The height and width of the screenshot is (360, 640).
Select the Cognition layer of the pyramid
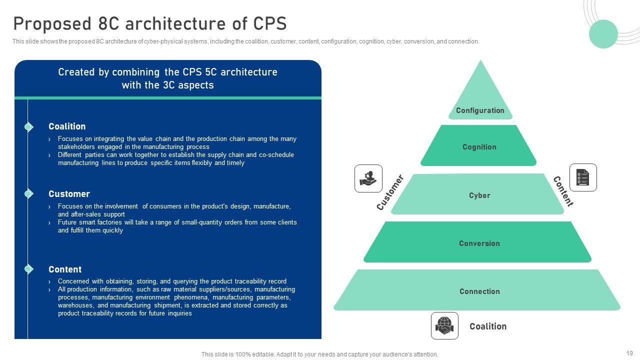point(479,146)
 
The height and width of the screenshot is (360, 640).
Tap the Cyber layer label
point(479,195)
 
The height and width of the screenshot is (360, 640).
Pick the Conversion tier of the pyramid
point(479,243)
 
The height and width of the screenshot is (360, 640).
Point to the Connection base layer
point(479,291)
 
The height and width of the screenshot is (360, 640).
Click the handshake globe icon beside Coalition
point(444,325)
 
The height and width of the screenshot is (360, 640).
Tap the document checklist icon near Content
point(583,177)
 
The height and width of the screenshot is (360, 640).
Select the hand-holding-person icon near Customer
point(368,178)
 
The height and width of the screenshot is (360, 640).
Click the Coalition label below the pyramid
point(487,326)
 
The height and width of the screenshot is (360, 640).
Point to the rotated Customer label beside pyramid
point(390,192)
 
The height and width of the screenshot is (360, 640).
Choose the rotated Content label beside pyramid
point(563,191)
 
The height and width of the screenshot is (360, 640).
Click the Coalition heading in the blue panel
point(67,126)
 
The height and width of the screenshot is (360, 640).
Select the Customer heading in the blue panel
point(69,194)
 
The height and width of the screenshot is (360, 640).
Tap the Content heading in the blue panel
point(65,269)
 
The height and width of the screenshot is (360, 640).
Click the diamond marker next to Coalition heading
point(28,127)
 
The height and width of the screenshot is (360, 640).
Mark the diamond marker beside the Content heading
point(28,269)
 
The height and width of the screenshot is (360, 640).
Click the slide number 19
point(629,353)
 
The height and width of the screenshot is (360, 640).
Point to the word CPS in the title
point(270,24)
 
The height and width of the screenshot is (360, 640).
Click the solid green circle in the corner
point(603,34)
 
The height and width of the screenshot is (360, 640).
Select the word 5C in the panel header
point(210,72)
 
